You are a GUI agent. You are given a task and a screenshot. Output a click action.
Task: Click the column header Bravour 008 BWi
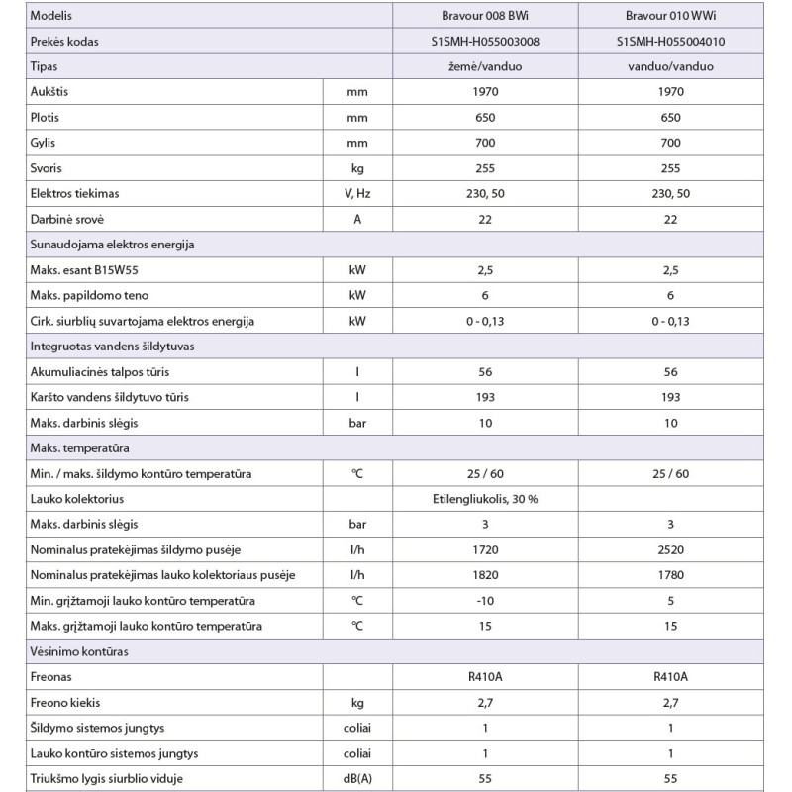485,17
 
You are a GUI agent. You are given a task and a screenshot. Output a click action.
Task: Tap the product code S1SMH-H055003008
485,42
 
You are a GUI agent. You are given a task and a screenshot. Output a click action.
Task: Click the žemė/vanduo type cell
485,66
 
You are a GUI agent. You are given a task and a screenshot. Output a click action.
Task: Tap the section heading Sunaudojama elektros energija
124,245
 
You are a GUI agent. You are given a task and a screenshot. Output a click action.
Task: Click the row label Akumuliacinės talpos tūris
104,371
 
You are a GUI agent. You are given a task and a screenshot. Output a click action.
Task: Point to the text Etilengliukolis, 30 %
485,498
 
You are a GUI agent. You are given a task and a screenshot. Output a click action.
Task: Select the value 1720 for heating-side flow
485,549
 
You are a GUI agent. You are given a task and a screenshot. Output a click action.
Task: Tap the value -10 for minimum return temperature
485,601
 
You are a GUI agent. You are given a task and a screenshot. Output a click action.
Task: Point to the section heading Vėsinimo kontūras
80,652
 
